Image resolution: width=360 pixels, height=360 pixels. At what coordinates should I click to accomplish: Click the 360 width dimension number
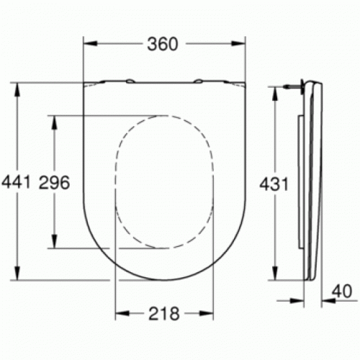[163, 44]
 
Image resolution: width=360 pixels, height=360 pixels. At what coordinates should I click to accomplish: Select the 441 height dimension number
[16, 181]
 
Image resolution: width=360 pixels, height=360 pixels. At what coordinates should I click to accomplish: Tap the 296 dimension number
[54, 182]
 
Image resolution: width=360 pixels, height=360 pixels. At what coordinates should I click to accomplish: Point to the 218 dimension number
[164, 313]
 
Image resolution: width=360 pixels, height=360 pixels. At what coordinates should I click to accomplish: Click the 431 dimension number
[274, 184]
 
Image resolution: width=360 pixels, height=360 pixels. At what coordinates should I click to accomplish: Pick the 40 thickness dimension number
[342, 291]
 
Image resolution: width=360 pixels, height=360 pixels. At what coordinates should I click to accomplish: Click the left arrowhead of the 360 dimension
[90, 43]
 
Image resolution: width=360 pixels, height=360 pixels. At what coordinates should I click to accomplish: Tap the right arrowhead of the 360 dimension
[238, 43]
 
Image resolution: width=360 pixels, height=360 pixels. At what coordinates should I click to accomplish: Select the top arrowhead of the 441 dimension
[17, 90]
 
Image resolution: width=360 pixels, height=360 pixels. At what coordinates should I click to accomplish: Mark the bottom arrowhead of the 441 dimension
[17, 273]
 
